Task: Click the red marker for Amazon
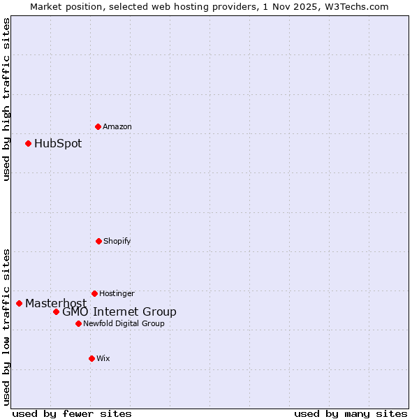tap(98, 126)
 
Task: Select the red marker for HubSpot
tap(29, 144)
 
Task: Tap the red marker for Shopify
tap(98, 241)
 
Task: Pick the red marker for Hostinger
tap(94, 293)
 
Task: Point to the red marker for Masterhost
tap(19, 303)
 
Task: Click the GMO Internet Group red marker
tap(56, 311)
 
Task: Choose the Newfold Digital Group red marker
tap(78, 323)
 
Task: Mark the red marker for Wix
tap(91, 358)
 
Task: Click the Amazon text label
tap(117, 126)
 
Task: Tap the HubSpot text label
tap(58, 144)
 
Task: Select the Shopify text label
tap(117, 241)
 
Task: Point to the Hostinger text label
tap(117, 293)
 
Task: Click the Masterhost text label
tap(56, 303)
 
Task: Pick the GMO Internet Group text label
tap(119, 312)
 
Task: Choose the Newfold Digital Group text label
tap(124, 323)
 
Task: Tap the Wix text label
tap(103, 358)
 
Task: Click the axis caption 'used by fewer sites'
tap(72, 413)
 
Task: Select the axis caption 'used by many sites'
tap(351, 413)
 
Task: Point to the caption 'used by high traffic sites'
tap(6, 99)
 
